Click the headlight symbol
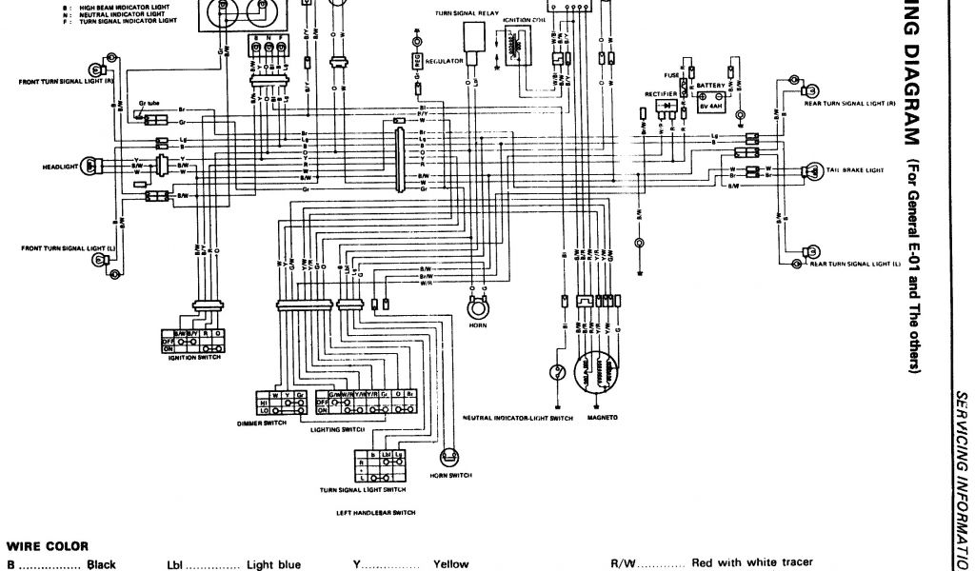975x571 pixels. click(x=91, y=165)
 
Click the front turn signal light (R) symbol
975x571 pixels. click(x=96, y=69)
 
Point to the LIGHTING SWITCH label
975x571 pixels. click(x=338, y=430)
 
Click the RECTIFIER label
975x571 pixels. click(x=660, y=95)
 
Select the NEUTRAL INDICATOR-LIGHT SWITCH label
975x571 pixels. click(x=518, y=418)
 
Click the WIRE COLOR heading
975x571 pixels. click(x=48, y=546)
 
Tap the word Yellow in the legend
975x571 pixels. click(x=451, y=564)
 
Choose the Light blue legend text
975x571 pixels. click(x=273, y=564)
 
